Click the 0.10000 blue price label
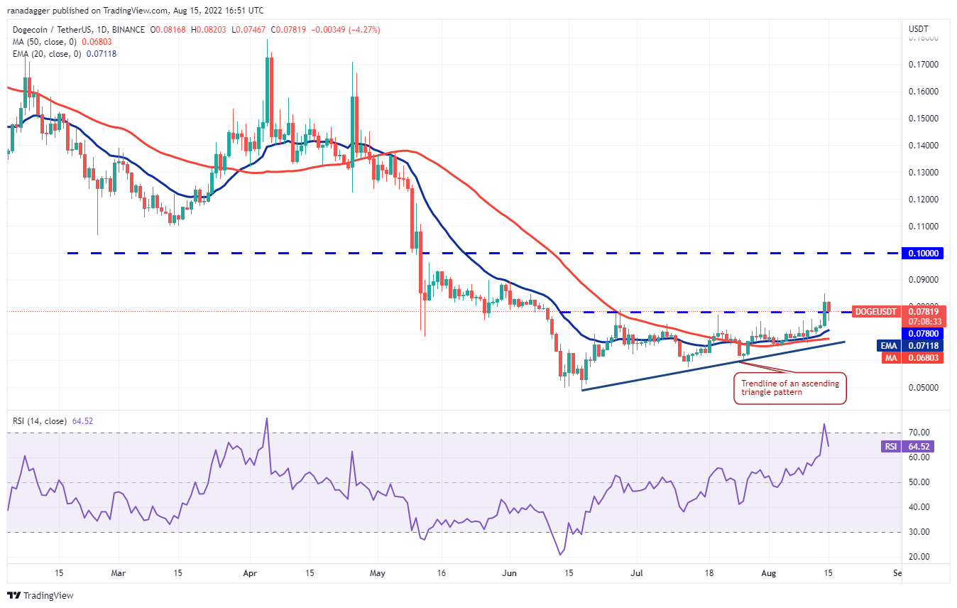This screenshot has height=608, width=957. coord(921,253)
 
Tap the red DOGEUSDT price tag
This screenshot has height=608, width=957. coord(877,311)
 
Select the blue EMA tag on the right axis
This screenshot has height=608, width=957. coord(890,345)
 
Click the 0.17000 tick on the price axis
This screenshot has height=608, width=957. coord(922,65)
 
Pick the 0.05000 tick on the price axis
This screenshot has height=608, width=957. coord(922,388)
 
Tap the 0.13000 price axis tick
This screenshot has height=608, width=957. coord(922,173)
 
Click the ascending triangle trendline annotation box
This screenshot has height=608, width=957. coord(790,388)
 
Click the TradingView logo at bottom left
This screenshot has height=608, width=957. coord(40,595)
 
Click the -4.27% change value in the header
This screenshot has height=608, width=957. coord(363,30)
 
